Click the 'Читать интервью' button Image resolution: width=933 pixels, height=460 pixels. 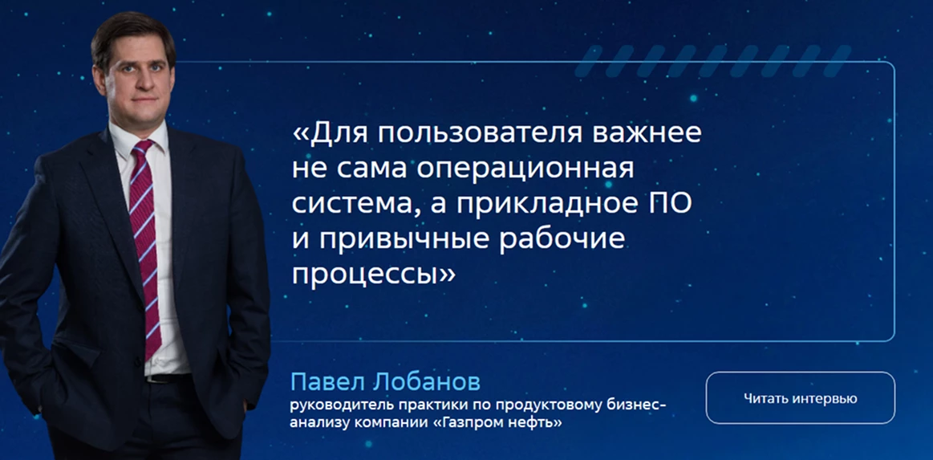(801, 398)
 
